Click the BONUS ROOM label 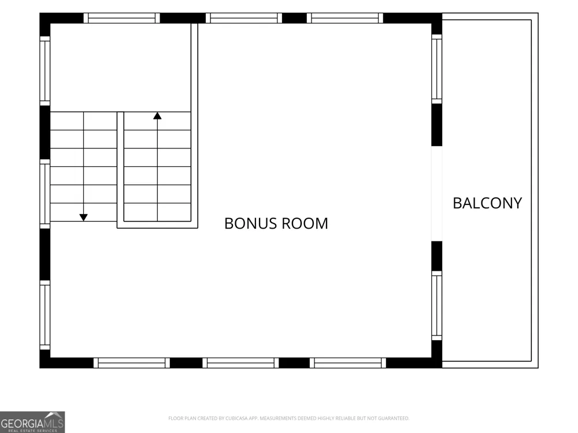pos(276,223)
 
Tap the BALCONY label pos(487,203)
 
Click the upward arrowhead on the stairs pos(157,115)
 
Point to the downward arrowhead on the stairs pos(84,218)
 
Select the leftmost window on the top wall pos(121,18)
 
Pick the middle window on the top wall pos(244,18)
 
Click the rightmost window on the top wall pos(345,18)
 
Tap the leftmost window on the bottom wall pos(132,363)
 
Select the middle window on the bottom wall pos(240,363)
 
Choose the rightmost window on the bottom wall pos(348,363)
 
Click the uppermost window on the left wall pos(45,71)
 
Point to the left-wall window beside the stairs pos(45,194)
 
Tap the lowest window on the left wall pos(45,315)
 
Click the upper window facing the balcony pos(437,69)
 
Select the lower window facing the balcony pos(437,305)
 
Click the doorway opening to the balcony pos(437,193)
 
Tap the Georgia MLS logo pos(32,422)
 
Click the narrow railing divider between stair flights pos(121,170)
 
